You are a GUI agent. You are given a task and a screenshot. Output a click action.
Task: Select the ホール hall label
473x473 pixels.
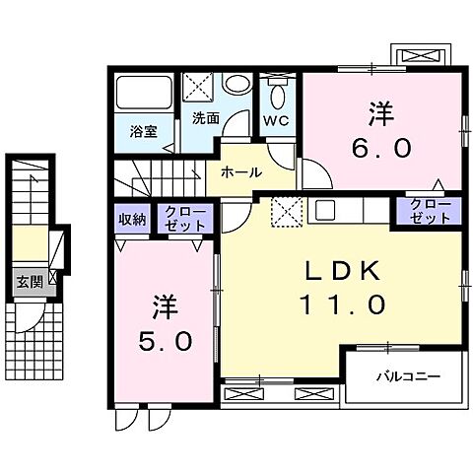click(241, 171)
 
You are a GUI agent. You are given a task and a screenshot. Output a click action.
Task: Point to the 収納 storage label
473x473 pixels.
click(133, 219)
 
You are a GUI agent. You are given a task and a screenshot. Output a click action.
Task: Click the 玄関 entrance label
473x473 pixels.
click(26, 281)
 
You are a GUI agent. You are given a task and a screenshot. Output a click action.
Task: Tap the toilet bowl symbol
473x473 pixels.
click(276, 95)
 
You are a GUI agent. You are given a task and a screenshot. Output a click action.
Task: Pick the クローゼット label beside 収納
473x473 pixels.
click(184, 218)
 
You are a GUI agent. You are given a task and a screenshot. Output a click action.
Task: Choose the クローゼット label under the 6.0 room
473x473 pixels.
click(427, 212)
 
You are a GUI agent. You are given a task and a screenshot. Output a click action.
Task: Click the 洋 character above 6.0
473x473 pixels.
click(378, 112)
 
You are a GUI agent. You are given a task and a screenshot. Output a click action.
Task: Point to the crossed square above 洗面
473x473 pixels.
click(198, 87)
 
